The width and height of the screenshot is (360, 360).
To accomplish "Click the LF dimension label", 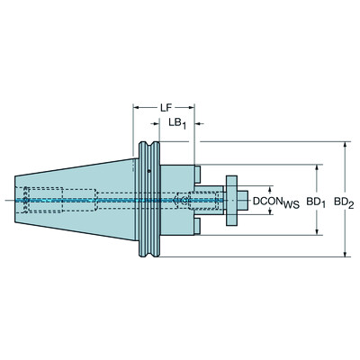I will tap(166, 107).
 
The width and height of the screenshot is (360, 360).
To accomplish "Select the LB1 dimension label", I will tap(178, 123).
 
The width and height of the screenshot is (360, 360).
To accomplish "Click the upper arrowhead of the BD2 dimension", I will tap(345, 144).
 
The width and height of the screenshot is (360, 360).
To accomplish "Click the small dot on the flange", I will tap(148, 169).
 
